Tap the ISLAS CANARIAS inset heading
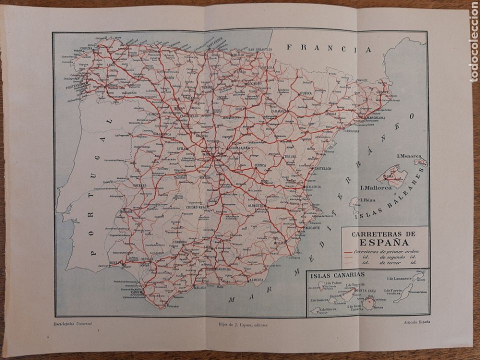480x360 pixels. pyautogui.click(x=336, y=274)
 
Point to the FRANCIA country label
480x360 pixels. pyautogui.click(x=327, y=49)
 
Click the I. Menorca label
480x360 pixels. pyautogui.click(x=410, y=156)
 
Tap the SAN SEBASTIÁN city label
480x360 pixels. pyautogui.click(x=256, y=49)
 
